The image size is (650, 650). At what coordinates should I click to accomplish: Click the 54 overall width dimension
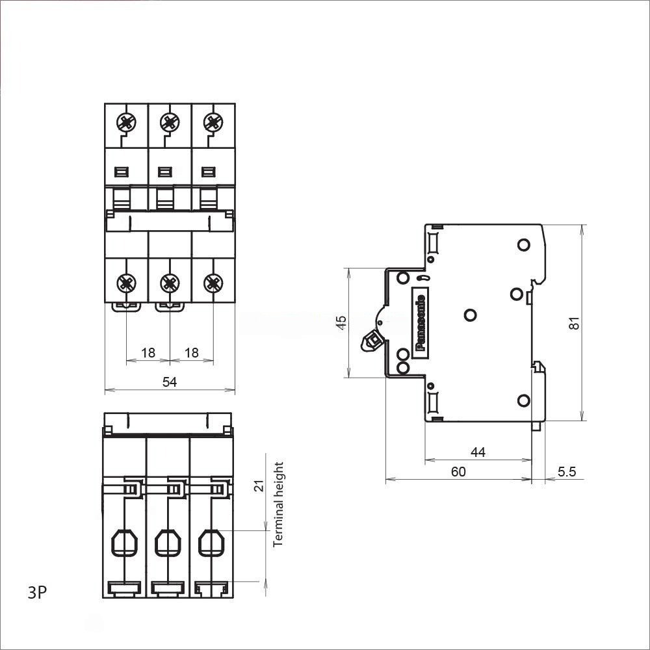(170, 382)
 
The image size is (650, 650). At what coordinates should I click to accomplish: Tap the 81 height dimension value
(574, 323)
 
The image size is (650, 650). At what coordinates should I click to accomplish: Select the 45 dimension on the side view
(341, 322)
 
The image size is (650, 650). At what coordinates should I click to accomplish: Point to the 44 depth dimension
(478, 452)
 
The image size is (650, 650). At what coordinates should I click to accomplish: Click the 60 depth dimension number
(458, 472)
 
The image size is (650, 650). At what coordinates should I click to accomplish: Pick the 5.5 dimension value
(567, 472)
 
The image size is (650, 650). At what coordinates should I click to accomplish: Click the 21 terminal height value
(259, 486)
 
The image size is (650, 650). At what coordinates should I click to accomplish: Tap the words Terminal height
(279, 504)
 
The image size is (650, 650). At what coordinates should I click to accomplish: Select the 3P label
(37, 593)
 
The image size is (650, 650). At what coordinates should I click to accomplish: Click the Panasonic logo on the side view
(421, 322)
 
